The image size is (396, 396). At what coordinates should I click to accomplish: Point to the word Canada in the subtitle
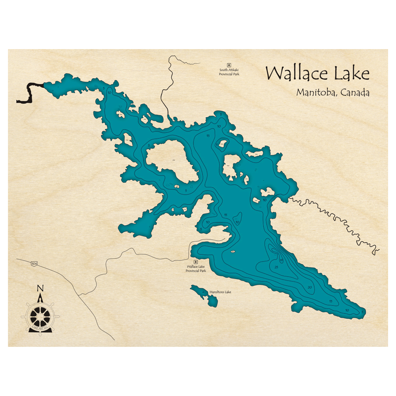point(355,93)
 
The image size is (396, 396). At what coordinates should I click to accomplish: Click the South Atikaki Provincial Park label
point(229,72)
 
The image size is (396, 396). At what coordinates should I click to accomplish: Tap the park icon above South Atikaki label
point(229,65)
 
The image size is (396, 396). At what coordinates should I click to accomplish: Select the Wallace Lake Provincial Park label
point(196,269)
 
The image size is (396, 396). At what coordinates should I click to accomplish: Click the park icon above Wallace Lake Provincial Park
point(195,262)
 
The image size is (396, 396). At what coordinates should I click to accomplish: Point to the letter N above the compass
point(40,288)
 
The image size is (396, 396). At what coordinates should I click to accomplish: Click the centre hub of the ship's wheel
point(40,316)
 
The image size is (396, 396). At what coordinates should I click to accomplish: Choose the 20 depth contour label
point(310,287)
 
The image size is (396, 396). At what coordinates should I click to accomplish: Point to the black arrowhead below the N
point(40,295)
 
